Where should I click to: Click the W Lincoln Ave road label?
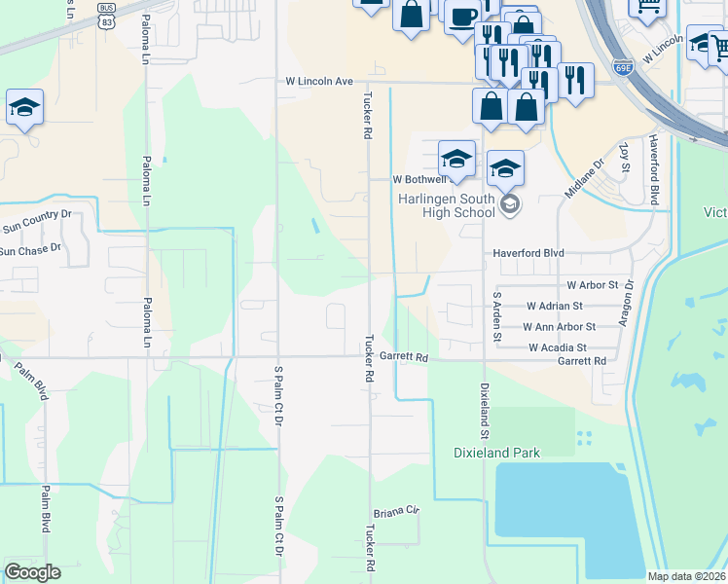(317, 82)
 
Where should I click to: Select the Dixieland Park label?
(497, 453)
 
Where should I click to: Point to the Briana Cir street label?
(395, 511)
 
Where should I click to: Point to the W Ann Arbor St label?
(559, 327)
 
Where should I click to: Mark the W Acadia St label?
(558, 347)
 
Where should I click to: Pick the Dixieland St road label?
(483, 409)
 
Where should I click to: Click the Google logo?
(32, 572)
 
